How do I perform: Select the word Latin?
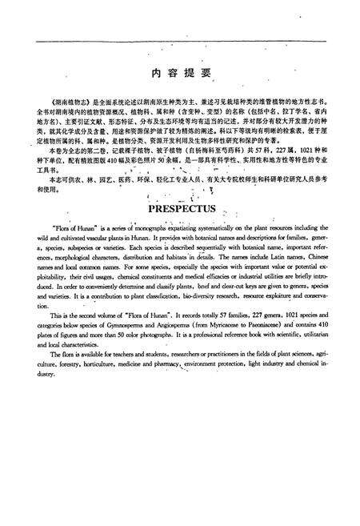[269, 260]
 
